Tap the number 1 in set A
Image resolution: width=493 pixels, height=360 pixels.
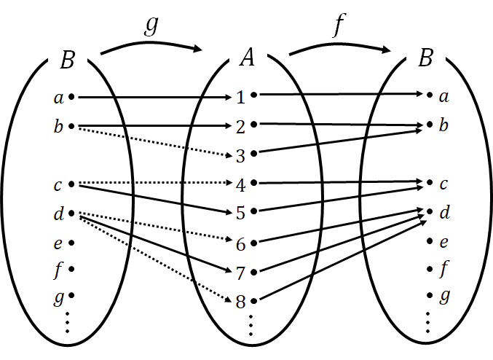point(240,96)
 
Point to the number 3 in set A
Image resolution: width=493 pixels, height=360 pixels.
point(240,154)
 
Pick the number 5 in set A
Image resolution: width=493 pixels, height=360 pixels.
point(240,214)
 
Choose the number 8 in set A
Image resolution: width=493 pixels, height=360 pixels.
point(240,300)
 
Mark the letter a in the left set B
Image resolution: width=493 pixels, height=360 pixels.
point(58,97)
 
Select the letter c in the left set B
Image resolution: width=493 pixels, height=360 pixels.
point(58,184)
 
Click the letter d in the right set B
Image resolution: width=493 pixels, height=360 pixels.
point(443,213)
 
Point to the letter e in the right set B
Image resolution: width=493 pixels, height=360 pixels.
point(443,241)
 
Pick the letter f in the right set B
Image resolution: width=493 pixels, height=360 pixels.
point(443,270)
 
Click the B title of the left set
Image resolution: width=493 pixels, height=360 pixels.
point(66,60)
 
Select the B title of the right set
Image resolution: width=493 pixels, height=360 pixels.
point(426,58)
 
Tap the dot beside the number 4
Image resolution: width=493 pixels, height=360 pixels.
point(254,182)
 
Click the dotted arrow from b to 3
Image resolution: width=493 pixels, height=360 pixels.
point(146,141)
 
